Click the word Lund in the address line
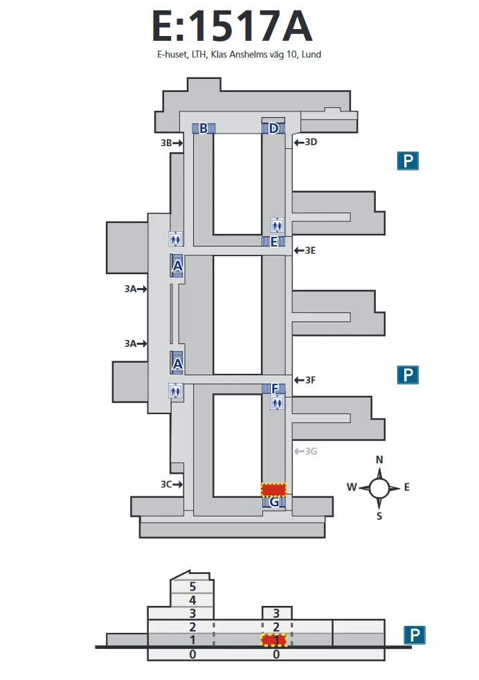coord(311,54)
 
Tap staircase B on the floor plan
coord(204,128)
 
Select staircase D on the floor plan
coord(273,128)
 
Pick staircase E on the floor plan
coord(273,241)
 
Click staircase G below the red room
coord(274,502)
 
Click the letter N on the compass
coord(379,460)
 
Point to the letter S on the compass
coord(379,515)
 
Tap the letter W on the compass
coord(352,487)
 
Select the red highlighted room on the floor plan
coord(273,489)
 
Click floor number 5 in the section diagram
coord(192,587)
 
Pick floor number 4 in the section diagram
coord(192,600)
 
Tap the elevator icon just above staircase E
coord(277,224)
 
